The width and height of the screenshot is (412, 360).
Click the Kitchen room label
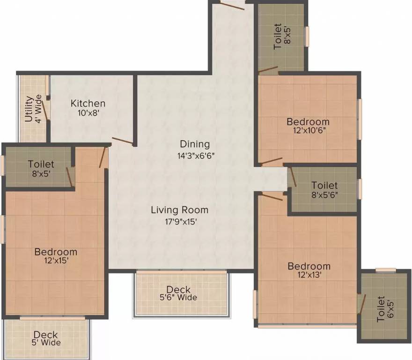coord(88,104)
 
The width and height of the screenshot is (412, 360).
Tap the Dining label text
coord(195,144)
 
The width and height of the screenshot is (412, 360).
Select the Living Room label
coord(179,210)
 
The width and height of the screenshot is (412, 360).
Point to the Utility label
coord(29,109)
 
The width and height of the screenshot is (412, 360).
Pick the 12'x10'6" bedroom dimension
coord(308,131)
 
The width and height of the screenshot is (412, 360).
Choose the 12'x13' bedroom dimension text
coord(309,275)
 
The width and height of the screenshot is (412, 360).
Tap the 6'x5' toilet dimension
coord(390,310)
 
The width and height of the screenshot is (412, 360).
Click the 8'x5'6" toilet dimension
coord(324,195)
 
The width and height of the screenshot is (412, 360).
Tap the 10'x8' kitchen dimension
coord(88,112)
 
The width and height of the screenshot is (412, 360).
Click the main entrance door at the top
coord(232,6)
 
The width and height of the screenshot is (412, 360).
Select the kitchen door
coord(122,141)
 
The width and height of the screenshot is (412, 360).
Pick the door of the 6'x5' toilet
coord(361,304)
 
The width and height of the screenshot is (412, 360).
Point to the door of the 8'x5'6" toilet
coord(293,177)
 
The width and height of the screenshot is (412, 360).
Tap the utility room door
coord(45,109)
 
